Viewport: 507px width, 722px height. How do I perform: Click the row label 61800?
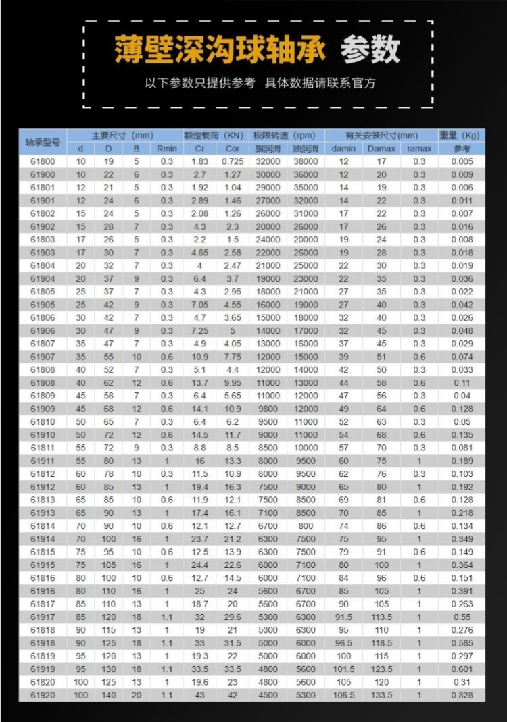(43, 161)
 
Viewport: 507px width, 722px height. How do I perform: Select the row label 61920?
(43, 695)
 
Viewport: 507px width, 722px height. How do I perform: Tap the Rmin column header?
(166, 149)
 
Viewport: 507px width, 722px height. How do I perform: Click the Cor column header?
(233, 149)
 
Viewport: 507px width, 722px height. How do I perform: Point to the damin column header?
(343, 149)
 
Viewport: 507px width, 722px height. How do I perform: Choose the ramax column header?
(419, 149)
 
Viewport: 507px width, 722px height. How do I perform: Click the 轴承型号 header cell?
(43, 142)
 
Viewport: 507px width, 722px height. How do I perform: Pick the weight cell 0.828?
(462, 695)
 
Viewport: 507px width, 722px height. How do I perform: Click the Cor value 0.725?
(233, 161)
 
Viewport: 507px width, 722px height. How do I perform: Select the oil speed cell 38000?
(306, 161)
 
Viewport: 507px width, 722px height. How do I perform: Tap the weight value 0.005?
(462, 161)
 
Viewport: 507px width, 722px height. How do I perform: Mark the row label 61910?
(43, 435)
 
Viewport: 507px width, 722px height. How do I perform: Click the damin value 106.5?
(343, 695)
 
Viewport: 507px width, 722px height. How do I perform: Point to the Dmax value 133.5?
(381, 695)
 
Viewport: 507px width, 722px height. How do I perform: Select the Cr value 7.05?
(199, 305)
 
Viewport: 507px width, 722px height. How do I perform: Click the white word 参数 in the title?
(370, 49)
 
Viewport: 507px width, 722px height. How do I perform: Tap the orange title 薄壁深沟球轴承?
(220, 49)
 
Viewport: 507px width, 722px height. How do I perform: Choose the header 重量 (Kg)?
(462, 135)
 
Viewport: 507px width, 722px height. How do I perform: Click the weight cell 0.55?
(462, 617)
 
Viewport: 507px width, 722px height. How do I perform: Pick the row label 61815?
(43, 552)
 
